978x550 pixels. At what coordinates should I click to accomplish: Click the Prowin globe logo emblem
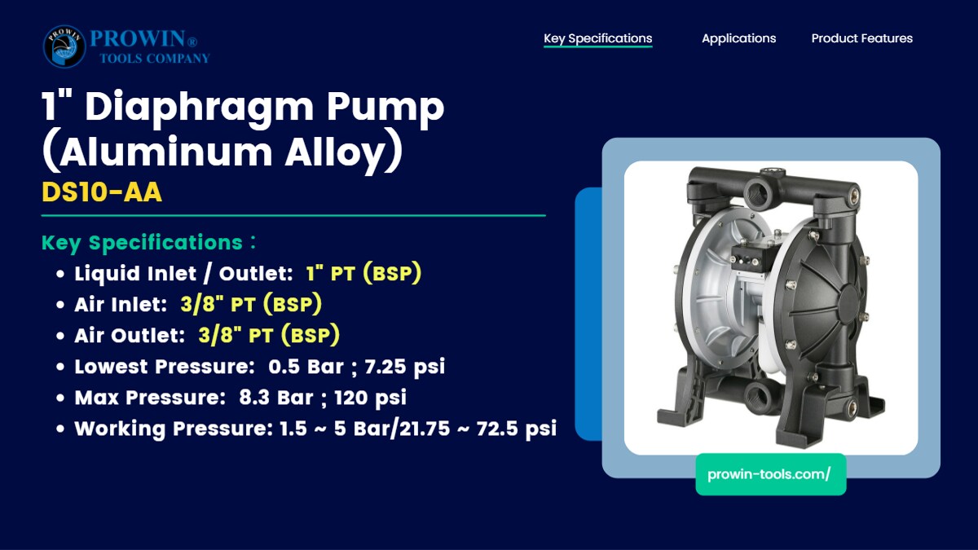click(x=64, y=46)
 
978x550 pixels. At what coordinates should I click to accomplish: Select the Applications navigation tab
click(x=738, y=38)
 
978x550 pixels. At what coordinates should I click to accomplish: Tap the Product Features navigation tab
click(x=862, y=38)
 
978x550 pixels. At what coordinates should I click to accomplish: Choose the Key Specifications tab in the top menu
click(x=597, y=39)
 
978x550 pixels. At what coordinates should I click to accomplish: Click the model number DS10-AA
click(x=102, y=192)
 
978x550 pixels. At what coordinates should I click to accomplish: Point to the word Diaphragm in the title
click(x=199, y=107)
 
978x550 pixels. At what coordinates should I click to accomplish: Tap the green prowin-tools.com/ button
click(x=771, y=474)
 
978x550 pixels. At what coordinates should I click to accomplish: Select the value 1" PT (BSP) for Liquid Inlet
click(x=363, y=273)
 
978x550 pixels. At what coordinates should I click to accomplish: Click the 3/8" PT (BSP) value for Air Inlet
click(x=251, y=304)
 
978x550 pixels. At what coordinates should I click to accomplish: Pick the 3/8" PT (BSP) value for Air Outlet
click(x=269, y=335)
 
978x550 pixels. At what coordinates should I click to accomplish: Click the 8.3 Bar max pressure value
click(x=276, y=398)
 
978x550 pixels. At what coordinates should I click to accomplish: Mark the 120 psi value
click(x=370, y=398)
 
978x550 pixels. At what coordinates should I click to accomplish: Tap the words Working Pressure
click(x=174, y=429)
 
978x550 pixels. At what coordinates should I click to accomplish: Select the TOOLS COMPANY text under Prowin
click(x=155, y=59)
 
